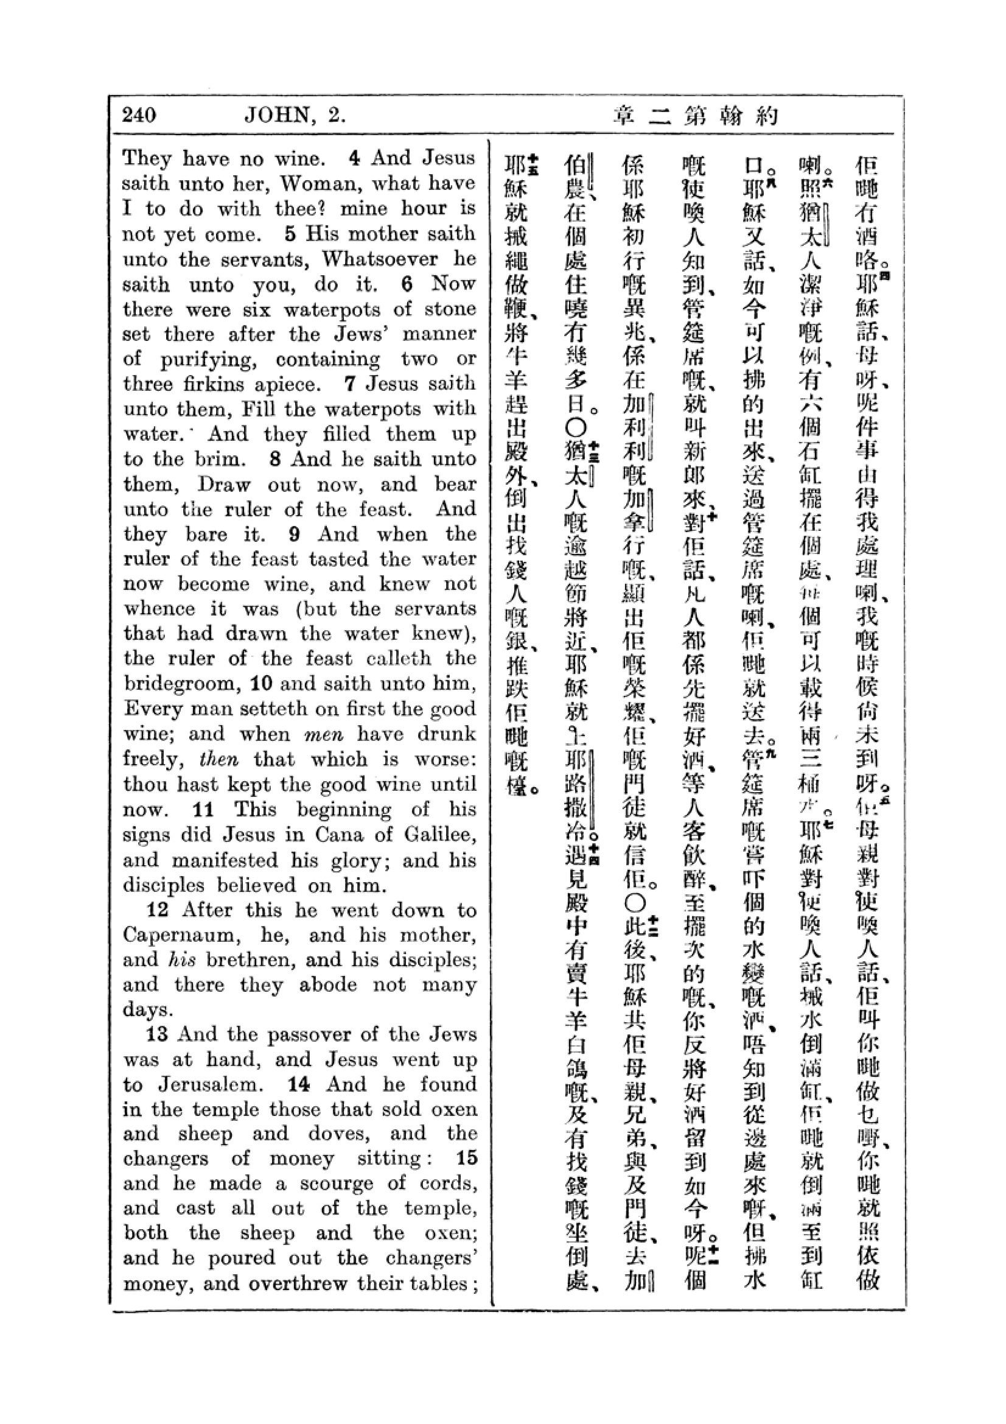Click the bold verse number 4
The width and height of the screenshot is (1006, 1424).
pyautogui.click(x=354, y=158)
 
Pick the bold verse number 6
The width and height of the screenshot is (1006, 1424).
pyautogui.click(x=407, y=284)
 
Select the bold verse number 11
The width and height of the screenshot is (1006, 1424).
pyautogui.click(x=203, y=809)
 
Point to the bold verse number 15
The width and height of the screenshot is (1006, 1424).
pyautogui.click(x=467, y=1158)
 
